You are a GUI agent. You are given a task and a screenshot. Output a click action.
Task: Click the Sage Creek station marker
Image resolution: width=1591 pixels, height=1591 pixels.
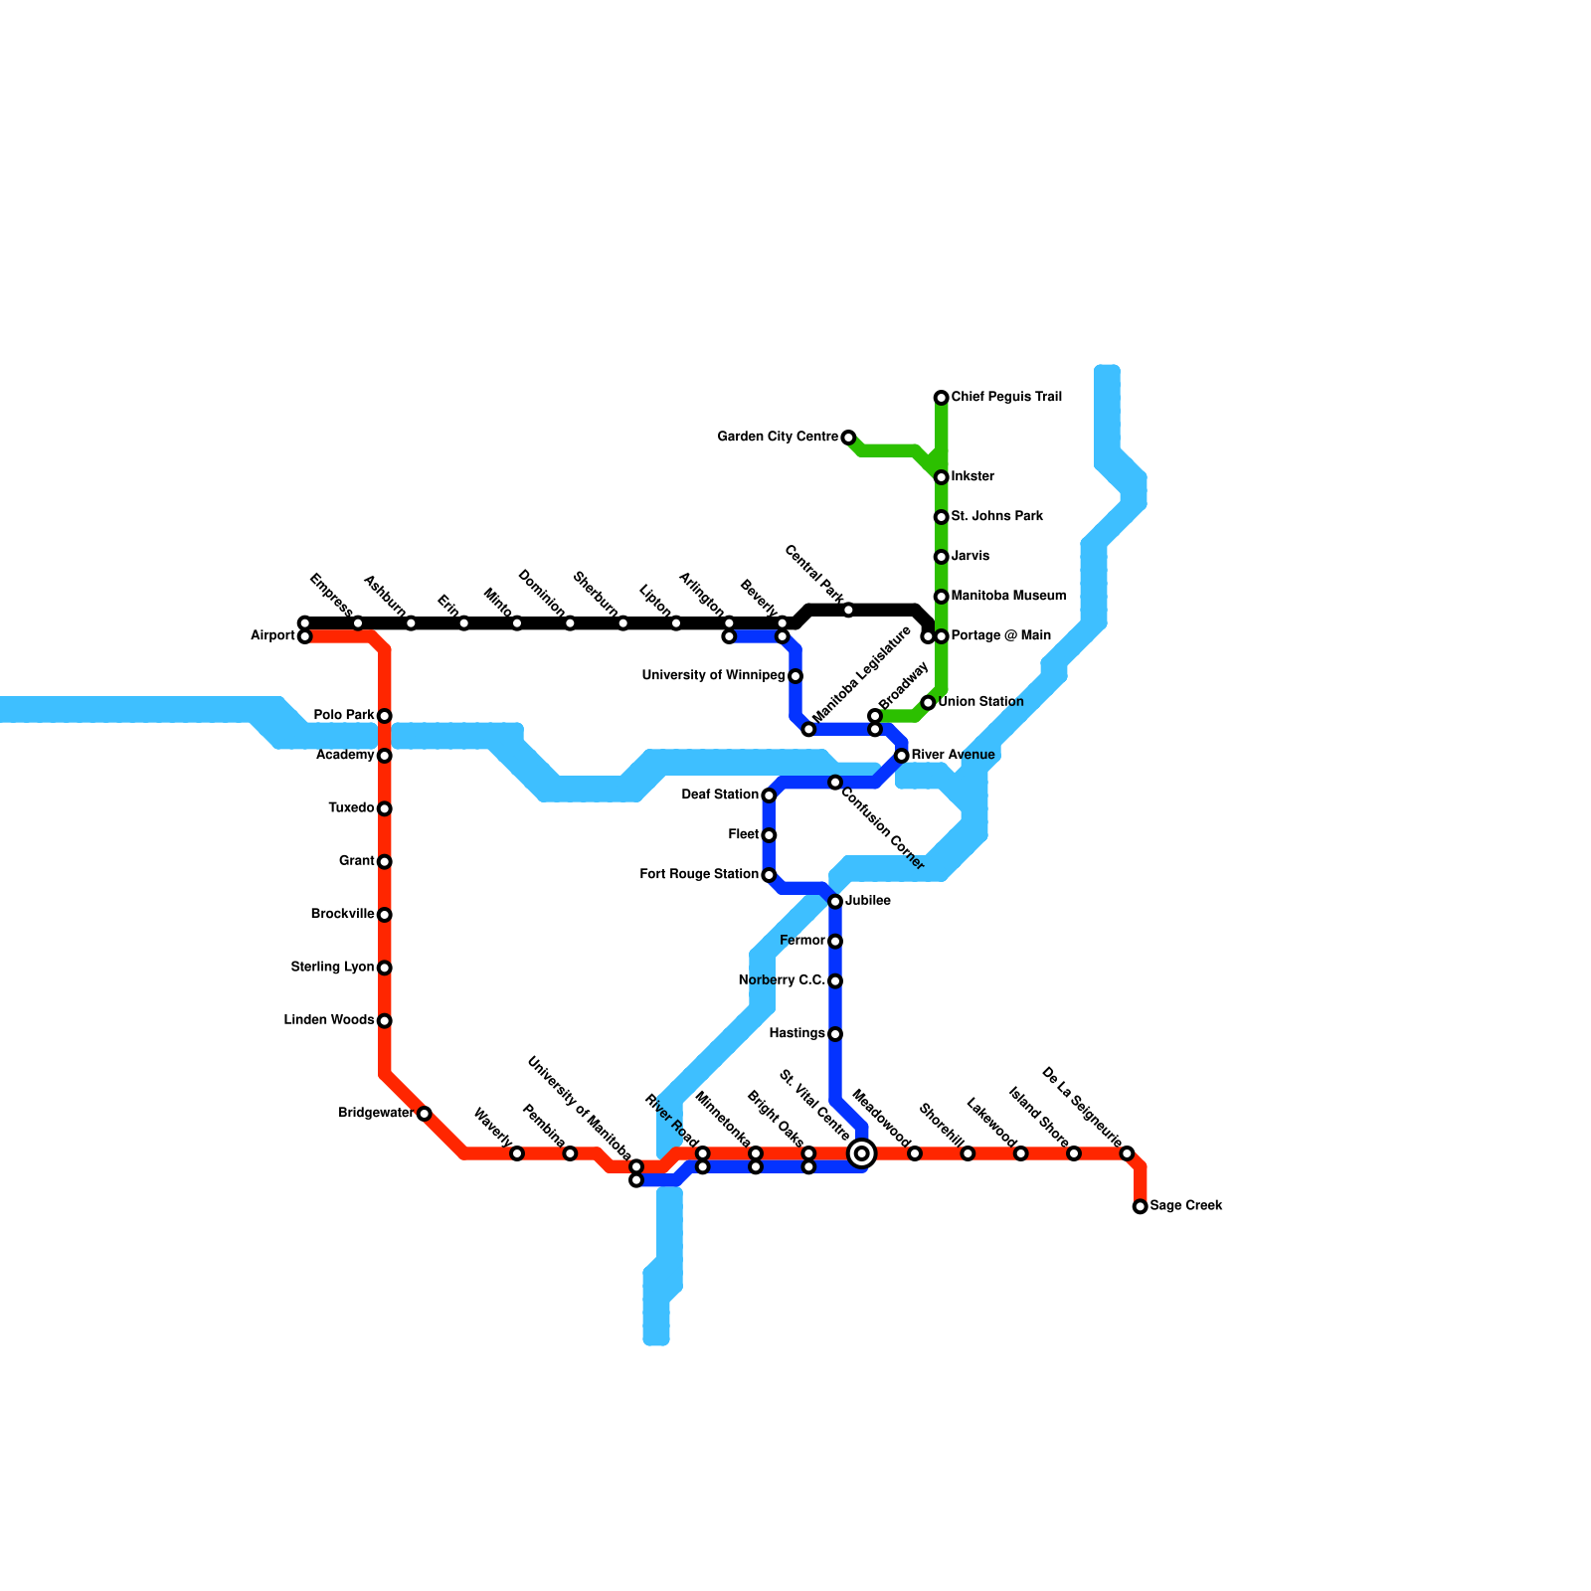pos(1140,1206)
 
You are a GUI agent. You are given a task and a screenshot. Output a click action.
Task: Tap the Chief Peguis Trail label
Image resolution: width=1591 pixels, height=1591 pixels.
pos(1006,398)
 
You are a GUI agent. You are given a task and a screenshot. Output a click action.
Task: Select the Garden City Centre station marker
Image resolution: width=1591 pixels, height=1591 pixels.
pos(848,438)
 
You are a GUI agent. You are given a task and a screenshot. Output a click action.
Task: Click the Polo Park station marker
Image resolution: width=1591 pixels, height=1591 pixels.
pos(385,716)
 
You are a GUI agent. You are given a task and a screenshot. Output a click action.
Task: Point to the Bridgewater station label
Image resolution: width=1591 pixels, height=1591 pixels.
pos(376,1113)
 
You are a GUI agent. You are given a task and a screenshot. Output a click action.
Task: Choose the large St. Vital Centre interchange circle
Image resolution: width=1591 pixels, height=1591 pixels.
pos(862,1153)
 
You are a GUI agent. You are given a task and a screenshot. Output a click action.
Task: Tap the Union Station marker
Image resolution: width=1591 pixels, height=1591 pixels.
pos(928,703)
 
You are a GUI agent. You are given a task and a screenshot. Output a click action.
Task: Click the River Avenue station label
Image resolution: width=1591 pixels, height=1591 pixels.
pos(953,756)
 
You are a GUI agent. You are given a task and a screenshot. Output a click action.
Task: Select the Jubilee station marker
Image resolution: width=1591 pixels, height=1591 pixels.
pos(835,902)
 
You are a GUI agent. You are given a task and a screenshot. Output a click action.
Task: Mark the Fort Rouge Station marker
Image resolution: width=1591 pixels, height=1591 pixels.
pos(769,875)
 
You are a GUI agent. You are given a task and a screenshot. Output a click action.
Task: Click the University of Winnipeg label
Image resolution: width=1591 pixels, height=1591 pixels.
pos(713,676)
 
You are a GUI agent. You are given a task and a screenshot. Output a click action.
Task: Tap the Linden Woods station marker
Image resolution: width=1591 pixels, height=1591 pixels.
pos(385,1021)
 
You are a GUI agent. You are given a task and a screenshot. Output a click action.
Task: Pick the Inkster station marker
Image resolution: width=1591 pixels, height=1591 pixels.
pos(941,477)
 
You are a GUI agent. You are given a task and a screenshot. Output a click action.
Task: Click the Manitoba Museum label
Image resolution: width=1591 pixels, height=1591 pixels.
pos(1008,597)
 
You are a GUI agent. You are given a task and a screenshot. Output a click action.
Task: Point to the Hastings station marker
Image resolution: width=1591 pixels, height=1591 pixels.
pos(835,1034)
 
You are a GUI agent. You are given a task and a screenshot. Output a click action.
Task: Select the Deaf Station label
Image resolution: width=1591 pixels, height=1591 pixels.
pos(720,795)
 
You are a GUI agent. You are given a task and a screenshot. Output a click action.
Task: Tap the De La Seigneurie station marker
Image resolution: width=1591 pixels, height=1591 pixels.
pos(1127,1153)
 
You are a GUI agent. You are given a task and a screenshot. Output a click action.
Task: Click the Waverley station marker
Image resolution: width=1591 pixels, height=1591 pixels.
pos(517,1153)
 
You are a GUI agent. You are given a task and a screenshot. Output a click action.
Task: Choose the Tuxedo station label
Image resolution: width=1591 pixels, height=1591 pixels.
pos(351,808)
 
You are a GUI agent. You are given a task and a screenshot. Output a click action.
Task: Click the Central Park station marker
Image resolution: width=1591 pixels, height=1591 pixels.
pos(848,610)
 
